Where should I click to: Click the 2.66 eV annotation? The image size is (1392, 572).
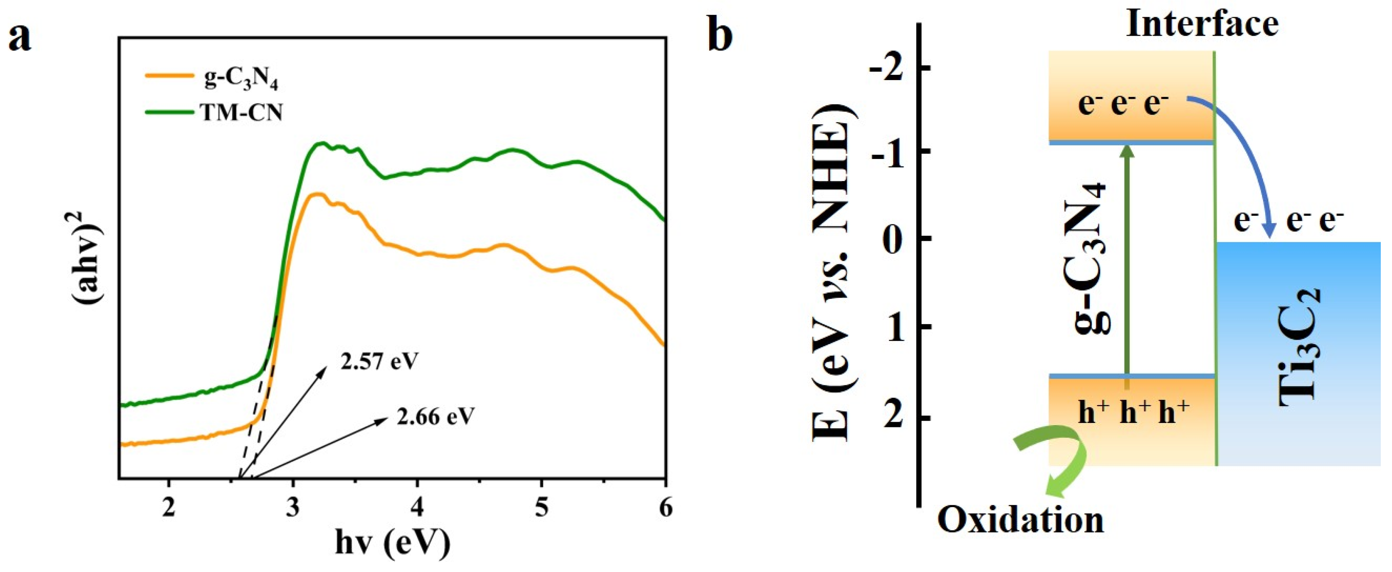pos(435,417)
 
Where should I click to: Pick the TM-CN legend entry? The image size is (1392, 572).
pos(242,113)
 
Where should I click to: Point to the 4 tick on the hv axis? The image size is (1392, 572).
pos(417,508)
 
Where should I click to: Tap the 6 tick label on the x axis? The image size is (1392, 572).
pos(665,508)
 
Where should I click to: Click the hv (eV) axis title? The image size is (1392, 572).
pos(392,543)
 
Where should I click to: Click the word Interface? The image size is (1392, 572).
pos(1202,25)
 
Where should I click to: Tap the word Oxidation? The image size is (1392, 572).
pos(1020,520)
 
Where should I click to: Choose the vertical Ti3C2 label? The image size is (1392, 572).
pos(1300,346)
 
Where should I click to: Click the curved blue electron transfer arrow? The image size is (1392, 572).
pos(1240,157)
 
